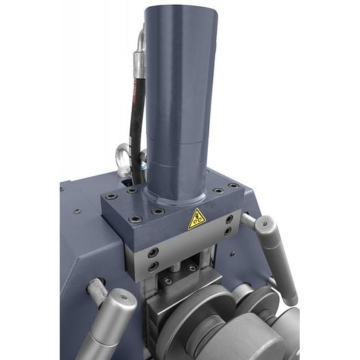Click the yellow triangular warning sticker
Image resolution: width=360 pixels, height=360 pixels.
(197, 218)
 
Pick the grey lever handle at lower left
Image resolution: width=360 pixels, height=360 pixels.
(111, 323)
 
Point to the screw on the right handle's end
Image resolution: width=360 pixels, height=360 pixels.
(265, 222)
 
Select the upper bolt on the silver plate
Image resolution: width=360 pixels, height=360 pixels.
(153, 252)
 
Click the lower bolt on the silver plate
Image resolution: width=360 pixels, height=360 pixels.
(152, 265)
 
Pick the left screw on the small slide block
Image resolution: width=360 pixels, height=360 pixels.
(167, 281)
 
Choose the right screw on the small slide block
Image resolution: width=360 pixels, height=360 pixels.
(193, 268)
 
